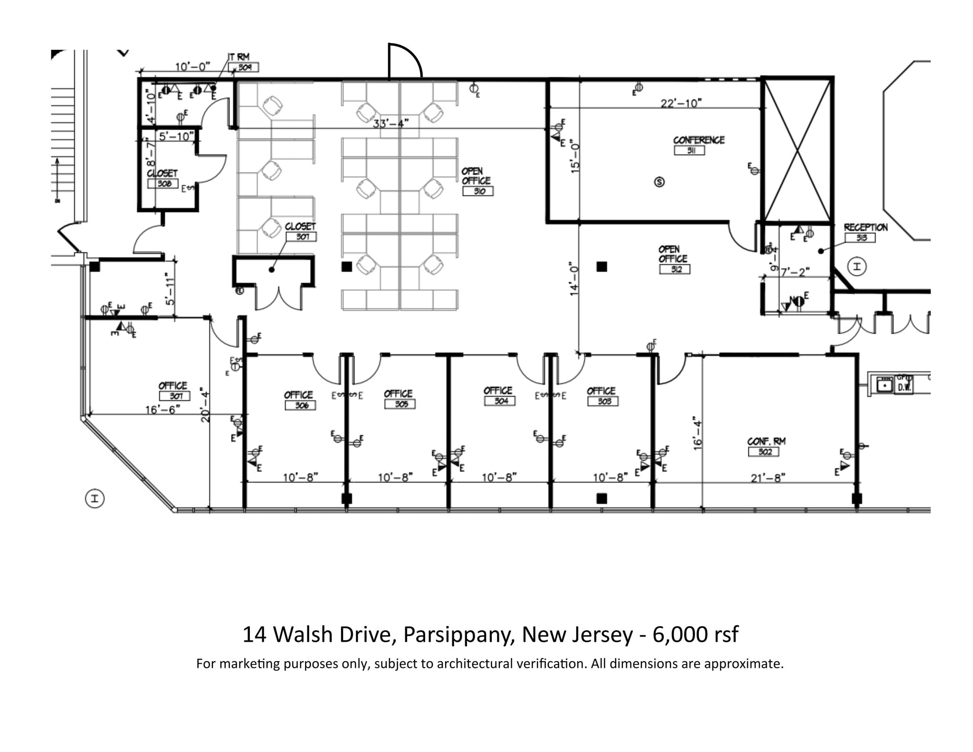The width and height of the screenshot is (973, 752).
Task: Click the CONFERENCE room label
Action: [x=698, y=140]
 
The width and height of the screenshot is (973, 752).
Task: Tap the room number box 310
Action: [x=478, y=191]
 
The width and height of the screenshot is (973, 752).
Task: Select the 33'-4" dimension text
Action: [x=391, y=124]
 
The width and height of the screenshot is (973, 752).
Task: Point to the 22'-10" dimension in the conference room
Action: [x=681, y=103]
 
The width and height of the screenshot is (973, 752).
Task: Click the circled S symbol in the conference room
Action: [x=659, y=182]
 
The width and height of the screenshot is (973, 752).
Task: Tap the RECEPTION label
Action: [x=865, y=228]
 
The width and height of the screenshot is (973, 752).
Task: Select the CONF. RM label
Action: [x=766, y=441]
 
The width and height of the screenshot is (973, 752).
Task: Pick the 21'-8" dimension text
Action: [x=768, y=478]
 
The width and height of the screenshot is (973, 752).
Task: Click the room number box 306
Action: [x=300, y=405]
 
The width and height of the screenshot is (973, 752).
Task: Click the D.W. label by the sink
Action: [x=903, y=387]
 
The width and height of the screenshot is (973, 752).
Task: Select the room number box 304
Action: [x=499, y=401]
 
